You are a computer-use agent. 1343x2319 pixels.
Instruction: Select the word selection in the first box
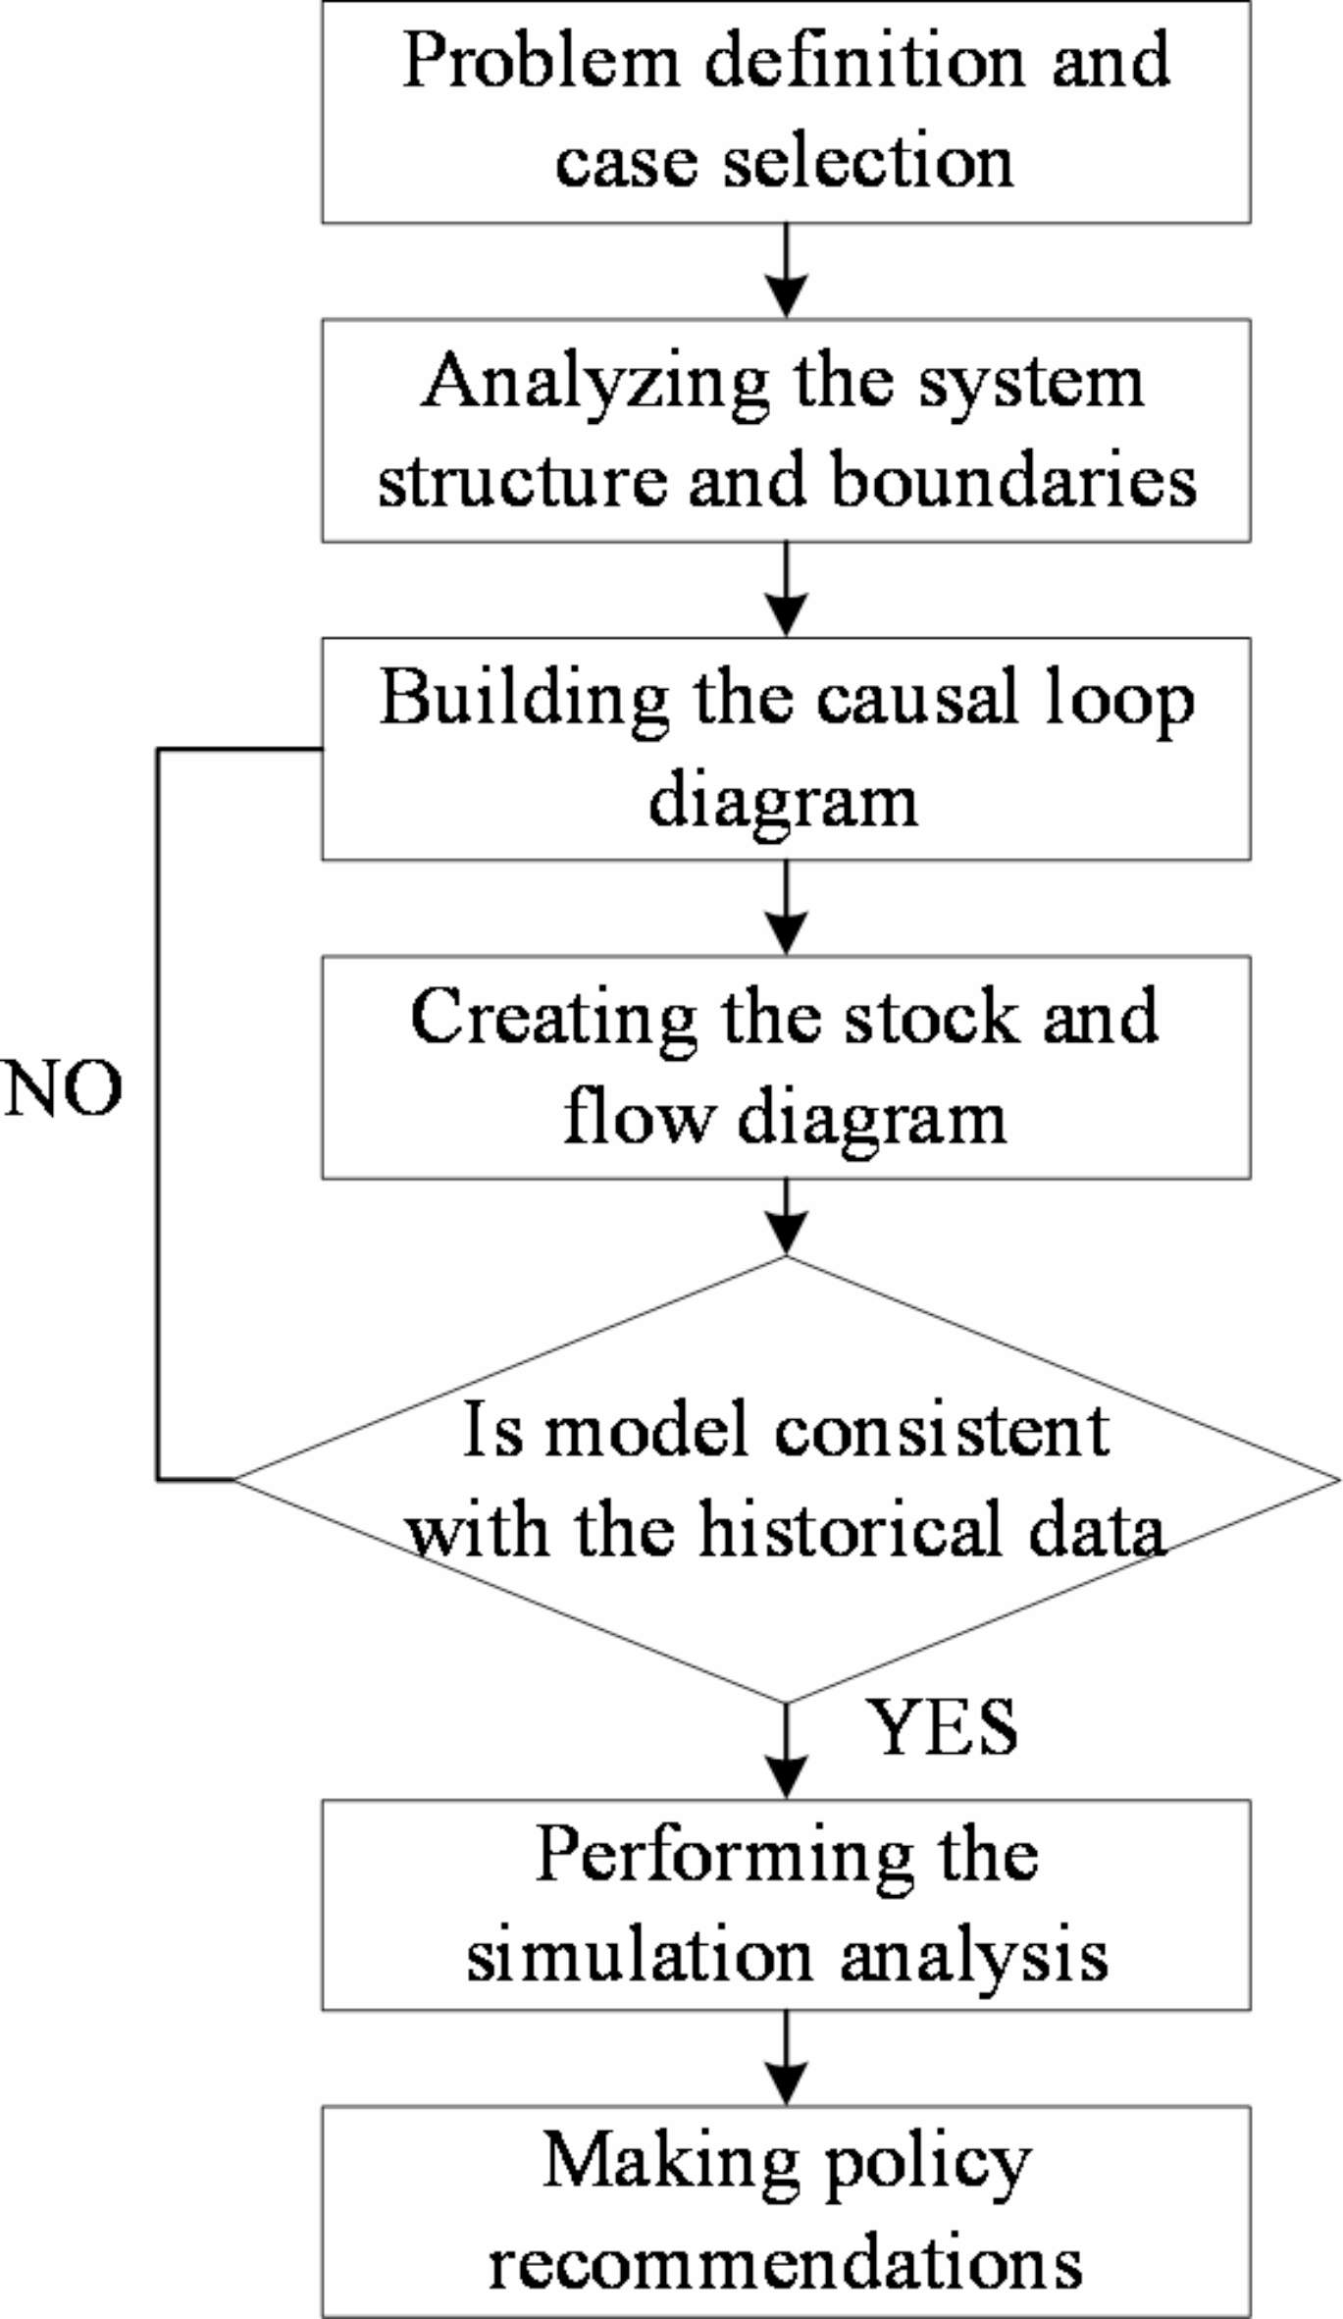click(868, 162)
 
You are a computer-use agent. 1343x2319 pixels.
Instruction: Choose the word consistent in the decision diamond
click(942, 1431)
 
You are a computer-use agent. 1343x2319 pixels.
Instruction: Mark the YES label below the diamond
click(942, 1729)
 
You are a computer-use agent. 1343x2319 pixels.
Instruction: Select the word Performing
click(724, 1857)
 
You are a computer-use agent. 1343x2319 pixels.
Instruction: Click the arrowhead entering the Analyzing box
click(786, 297)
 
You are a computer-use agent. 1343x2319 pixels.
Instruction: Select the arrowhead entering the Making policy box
click(786, 2084)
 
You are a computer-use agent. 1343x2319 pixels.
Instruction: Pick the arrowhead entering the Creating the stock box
click(786, 933)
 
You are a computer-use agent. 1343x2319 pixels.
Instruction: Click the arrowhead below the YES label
click(786, 1777)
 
